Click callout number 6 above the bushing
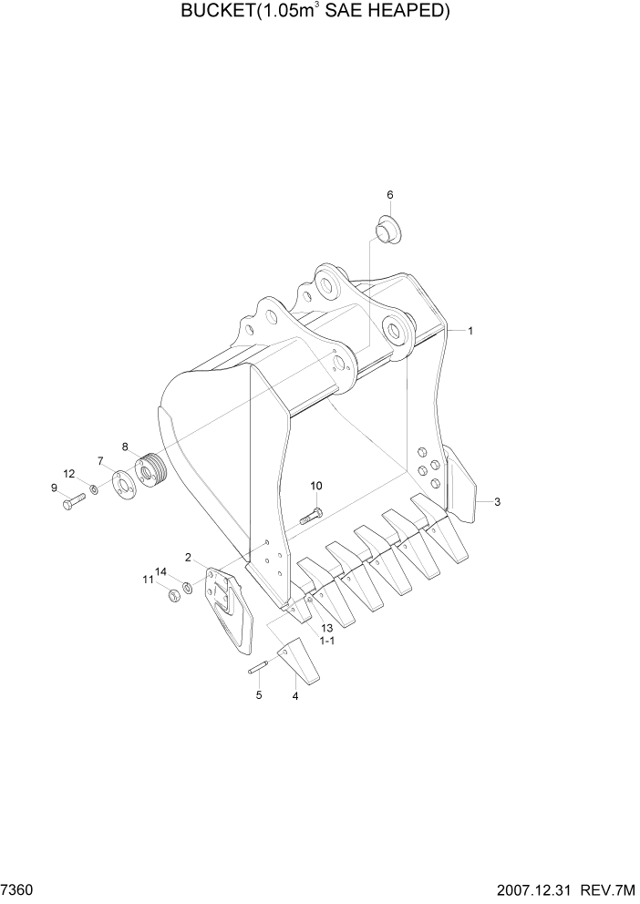(389, 195)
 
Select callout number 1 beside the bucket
(470, 332)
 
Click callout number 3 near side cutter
(497, 502)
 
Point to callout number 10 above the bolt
(316, 486)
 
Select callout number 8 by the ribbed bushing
(125, 447)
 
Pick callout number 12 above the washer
(68, 473)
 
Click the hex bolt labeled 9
(73, 501)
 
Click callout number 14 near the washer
(160, 571)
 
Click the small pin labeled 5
(257, 670)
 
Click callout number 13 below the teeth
(325, 628)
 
